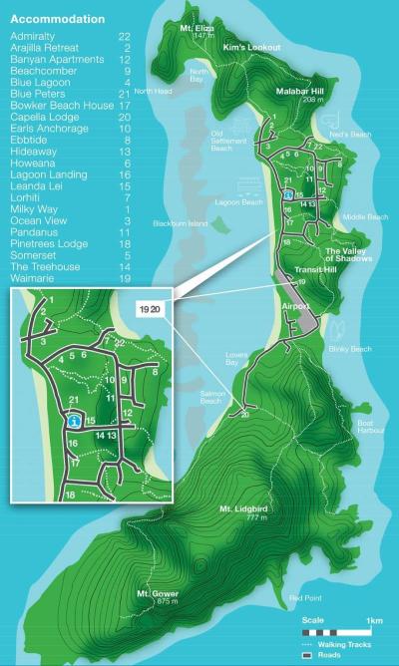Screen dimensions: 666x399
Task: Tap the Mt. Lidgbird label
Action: tap(244, 511)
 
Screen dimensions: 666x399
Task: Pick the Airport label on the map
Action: tap(296, 306)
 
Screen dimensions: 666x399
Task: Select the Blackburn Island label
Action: tap(181, 223)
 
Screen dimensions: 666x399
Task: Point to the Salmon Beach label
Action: tap(209, 397)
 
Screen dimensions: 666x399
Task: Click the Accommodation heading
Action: tap(57, 19)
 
